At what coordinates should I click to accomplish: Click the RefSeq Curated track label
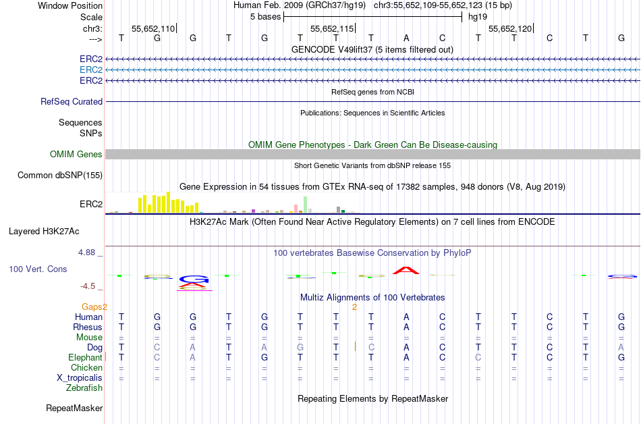[72, 101]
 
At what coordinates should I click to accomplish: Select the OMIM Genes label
[76, 154]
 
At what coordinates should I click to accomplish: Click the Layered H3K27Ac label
[44, 231]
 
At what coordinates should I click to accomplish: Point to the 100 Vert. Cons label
[38, 269]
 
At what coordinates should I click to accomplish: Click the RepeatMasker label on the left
[74, 408]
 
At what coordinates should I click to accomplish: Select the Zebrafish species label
[84, 388]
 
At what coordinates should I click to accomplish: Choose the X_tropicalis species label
[80, 377]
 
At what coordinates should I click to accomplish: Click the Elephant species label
[85, 357]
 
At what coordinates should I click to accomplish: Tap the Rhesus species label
[88, 327]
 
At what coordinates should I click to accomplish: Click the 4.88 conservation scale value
[88, 253]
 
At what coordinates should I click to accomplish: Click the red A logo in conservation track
[406, 270]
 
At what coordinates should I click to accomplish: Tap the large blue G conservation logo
[194, 279]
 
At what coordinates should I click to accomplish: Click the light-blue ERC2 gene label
[91, 70]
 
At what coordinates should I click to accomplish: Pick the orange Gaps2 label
[94, 307]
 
